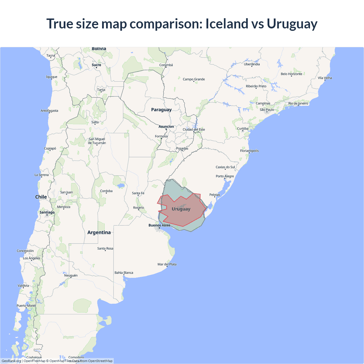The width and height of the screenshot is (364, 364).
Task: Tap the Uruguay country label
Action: (x=181, y=209)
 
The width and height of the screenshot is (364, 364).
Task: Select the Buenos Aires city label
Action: (x=159, y=225)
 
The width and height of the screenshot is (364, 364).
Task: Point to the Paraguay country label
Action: (x=161, y=110)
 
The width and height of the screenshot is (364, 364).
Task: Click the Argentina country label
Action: (x=99, y=233)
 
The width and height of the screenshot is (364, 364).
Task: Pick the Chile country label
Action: (x=41, y=197)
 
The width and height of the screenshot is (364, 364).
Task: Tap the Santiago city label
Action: (x=47, y=212)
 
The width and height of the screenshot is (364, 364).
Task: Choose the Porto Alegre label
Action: (x=225, y=176)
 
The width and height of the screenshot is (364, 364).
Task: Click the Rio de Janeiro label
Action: (x=298, y=104)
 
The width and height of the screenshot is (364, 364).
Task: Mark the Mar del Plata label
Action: (x=167, y=264)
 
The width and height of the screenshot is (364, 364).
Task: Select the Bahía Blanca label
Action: (x=124, y=273)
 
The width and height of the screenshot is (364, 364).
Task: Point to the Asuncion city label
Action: (x=166, y=127)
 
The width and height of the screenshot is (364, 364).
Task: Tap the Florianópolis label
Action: (x=249, y=151)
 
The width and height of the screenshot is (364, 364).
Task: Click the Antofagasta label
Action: (x=49, y=111)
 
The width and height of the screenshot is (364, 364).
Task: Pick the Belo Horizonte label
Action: (x=291, y=74)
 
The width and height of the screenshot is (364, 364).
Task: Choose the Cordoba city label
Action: (x=106, y=191)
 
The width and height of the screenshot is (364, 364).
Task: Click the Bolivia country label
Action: (x=99, y=49)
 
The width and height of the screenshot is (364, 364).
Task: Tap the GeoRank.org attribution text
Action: (x=11, y=361)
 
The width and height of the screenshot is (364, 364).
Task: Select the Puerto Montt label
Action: (x=26, y=306)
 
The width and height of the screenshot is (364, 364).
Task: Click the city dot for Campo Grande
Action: (x=194, y=82)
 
